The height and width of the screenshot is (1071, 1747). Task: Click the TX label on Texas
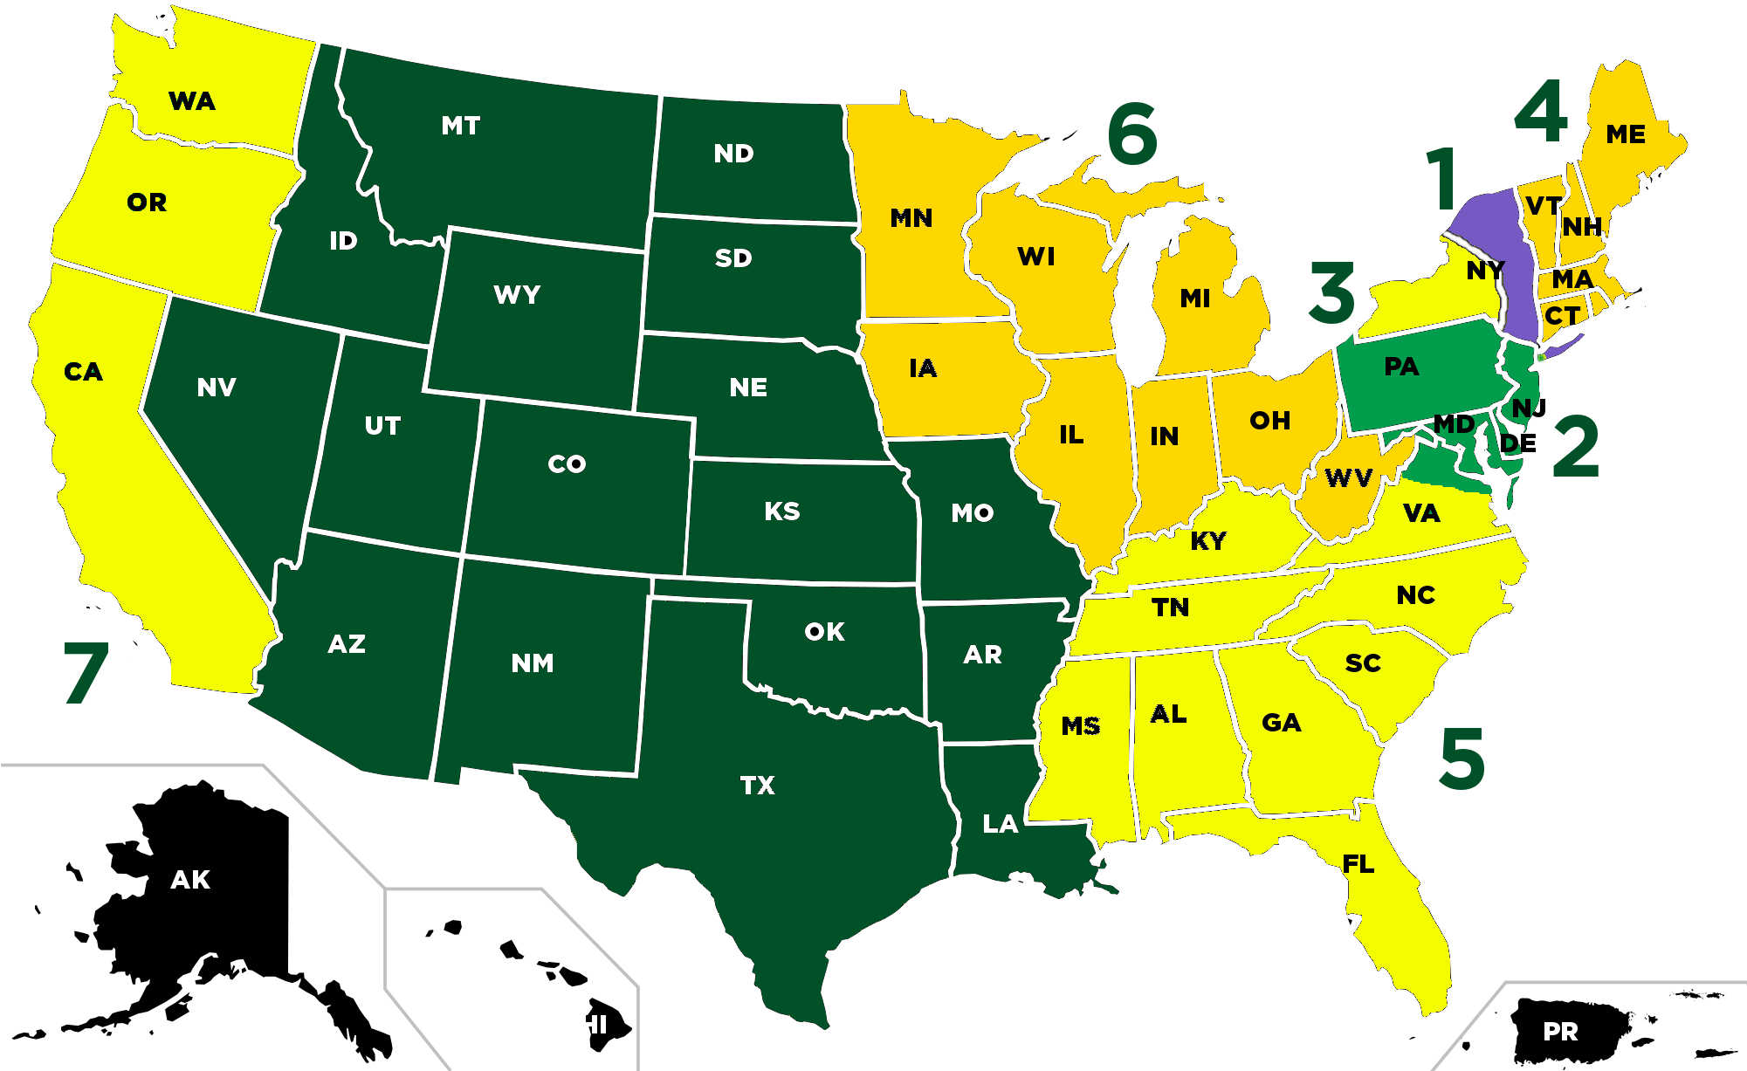pos(757,786)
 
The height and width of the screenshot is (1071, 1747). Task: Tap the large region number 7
pos(86,672)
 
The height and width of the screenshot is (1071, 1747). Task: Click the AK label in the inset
pos(190,880)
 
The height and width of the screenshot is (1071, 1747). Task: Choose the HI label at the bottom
pos(593,1025)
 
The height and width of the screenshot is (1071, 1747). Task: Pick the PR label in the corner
pos(1560,1032)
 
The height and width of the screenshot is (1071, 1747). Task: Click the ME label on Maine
pos(1626,134)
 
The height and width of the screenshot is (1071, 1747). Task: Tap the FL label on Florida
pos(1358,864)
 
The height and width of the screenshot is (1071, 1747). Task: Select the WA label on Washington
pos(192,101)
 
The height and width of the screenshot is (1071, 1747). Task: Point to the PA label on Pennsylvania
pos(1401,367)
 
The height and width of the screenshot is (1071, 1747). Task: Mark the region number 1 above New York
pos(1442,179)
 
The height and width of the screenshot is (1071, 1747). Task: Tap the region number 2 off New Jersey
pos(1576,447)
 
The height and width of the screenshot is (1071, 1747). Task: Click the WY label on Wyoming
pos(517,295)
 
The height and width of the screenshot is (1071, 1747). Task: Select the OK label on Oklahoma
pos(824,632)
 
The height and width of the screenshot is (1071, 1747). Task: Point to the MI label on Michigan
pos(1195,299)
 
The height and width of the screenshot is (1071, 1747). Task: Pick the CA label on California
pos(84,372)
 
